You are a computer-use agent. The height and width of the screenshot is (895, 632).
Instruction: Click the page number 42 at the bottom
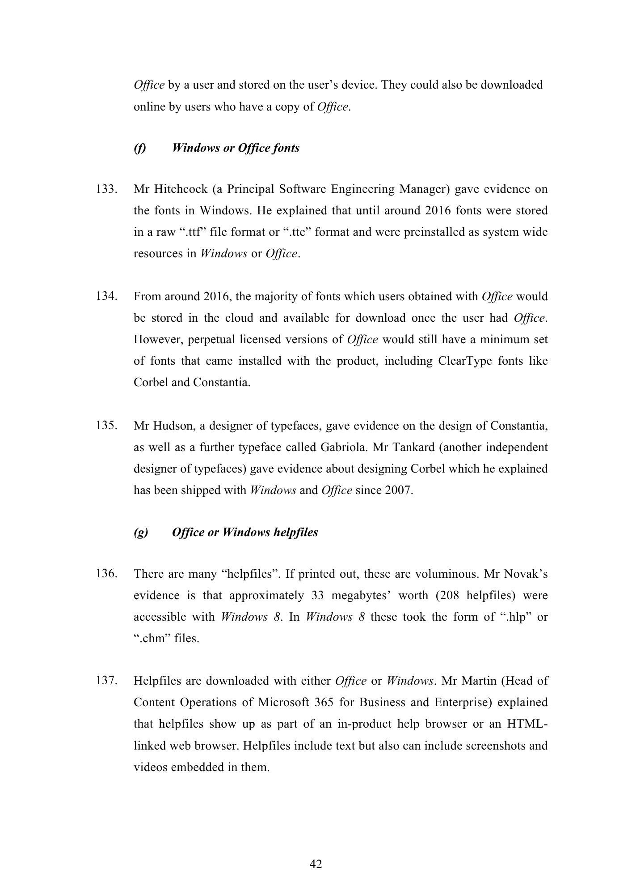316,864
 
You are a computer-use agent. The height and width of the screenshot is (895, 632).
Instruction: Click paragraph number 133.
107,189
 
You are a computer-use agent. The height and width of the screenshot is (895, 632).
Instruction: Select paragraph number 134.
107,296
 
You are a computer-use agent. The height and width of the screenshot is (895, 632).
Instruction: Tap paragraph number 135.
107,425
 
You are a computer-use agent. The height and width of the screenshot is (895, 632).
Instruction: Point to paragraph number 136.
107,574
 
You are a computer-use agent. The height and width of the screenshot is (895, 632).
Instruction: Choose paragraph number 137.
107,681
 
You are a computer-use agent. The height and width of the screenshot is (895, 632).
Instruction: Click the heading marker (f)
140,148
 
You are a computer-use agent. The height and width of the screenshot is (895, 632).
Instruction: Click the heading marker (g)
141,533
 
